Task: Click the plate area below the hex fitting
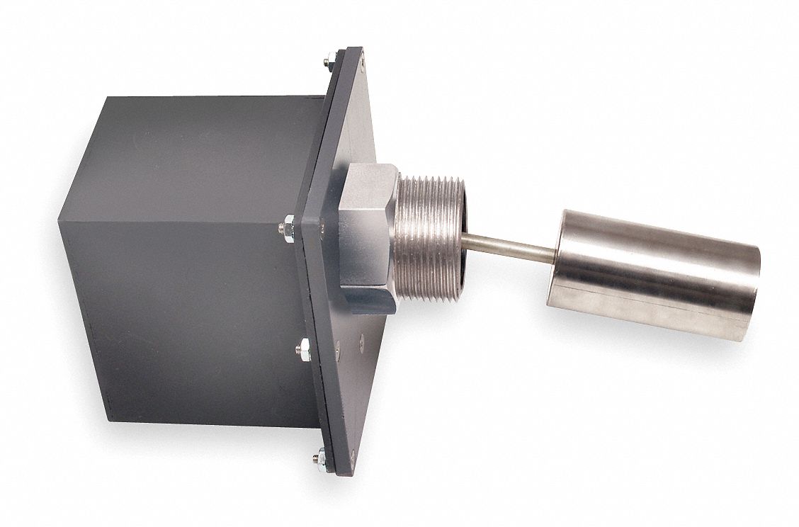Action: coord(351,368)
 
